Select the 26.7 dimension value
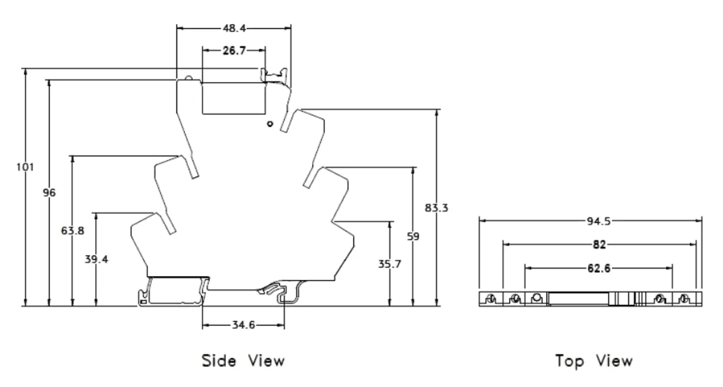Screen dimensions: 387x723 point(233,51)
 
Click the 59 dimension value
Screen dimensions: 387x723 point(413,237)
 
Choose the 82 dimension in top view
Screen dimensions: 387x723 point(598,244)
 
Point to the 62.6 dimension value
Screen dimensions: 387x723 point(598,268)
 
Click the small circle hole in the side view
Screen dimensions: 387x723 point(269,124)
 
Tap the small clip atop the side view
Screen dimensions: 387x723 point(275,75)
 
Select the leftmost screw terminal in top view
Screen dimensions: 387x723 point(491,299)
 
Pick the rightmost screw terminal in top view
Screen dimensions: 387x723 point(684,299)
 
